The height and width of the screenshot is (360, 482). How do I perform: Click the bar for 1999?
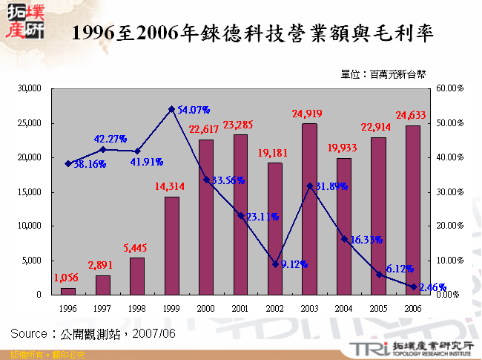pos(171,246)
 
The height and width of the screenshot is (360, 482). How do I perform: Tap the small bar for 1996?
pos(68,291)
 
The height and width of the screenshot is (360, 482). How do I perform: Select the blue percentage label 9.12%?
pos(293,264)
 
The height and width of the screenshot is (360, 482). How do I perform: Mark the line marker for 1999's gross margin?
pos(171,109)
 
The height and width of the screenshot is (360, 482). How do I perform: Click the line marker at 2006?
pos(412,287)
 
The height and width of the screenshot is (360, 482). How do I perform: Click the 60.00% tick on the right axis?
pos(449,88)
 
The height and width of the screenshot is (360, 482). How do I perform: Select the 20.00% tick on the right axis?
pos(449,226)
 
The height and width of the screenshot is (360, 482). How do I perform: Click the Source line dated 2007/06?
pos(93,333)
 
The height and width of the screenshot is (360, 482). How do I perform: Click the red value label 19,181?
pos(274,154)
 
